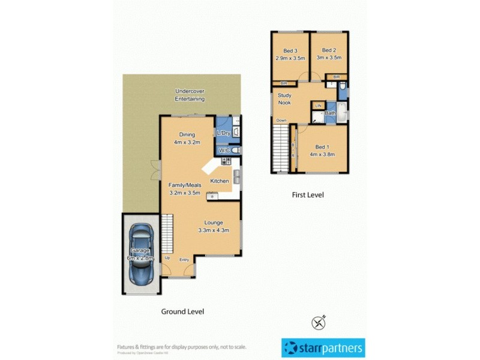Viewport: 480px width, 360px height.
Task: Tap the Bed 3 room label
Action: tap(290, 50)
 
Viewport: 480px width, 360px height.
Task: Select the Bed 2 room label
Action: tap(329, 50)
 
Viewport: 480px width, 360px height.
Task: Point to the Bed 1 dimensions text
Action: tap(322, 154)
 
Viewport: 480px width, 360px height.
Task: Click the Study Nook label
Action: tap(284, 99)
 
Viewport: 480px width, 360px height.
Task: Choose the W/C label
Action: tap(224, 151)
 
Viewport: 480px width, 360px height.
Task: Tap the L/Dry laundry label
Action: tap(223, 133)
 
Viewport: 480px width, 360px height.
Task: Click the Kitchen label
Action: tap(219, 181)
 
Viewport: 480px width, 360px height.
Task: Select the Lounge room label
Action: tap(214, 223)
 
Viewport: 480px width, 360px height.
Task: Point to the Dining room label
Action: tap(186, 134)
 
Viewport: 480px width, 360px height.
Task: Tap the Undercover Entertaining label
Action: tap(190, 95)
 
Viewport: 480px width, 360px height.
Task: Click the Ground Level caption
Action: tap(182, 311)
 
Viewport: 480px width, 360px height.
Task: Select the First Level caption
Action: tap(308, 194)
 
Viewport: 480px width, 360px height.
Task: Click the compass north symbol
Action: tap(318, 322)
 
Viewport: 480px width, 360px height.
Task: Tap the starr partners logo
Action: tap(323, 347)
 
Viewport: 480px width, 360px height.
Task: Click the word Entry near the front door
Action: tap(184, 259)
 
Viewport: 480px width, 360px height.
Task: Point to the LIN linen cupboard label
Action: tap(318, 106)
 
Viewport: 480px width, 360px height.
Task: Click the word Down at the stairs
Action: tap(281, 121)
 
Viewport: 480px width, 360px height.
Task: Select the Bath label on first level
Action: tap(330, 113)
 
